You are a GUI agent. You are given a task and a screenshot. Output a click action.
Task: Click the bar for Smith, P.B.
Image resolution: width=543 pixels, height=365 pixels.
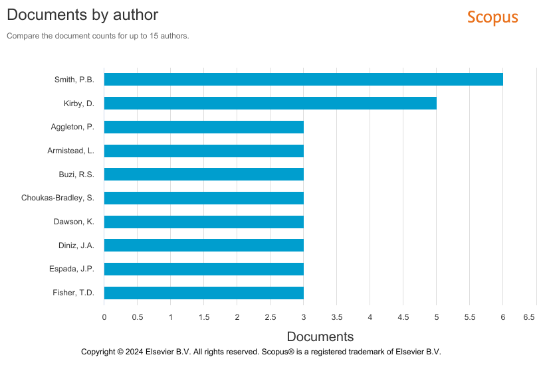tap(303, 80)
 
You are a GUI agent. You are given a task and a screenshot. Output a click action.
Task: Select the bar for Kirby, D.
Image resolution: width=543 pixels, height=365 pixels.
tap(270, 104)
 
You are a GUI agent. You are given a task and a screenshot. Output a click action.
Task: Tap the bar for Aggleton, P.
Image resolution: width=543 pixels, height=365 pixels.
tap(203, 127)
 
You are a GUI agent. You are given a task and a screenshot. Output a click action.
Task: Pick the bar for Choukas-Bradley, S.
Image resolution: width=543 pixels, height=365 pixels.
tap(203, 198)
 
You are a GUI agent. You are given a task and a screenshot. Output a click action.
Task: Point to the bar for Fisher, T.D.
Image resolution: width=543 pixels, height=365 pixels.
tap(203, 293)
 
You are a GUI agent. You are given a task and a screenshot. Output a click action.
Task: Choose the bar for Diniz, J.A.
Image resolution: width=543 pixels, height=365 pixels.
tap(203, 246)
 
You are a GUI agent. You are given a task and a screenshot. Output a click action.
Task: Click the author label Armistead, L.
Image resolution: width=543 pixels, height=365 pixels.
tap(70, 151)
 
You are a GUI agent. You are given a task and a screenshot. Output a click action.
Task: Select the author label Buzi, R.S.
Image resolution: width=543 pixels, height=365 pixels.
tap(76, 175)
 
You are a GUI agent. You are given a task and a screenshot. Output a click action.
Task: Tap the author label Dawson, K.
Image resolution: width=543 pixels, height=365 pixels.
tap(74, 222)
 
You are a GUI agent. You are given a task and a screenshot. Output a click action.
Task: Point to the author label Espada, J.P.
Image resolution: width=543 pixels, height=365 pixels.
tap(72, 269)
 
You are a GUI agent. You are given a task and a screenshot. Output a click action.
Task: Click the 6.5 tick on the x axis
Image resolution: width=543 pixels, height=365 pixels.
tap(529, 318)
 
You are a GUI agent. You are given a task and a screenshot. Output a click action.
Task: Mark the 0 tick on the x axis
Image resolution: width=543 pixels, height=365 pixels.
tap(104, 318)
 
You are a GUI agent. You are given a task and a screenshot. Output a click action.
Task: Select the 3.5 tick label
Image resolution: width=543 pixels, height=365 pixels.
tap(337, 318)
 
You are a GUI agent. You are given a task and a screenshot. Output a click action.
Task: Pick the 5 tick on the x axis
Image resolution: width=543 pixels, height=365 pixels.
tap(437, 318)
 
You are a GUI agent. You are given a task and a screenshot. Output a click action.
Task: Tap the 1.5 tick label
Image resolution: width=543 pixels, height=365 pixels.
tap(204, 318)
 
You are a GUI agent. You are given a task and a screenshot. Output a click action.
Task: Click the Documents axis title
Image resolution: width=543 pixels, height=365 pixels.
tap(320, 336)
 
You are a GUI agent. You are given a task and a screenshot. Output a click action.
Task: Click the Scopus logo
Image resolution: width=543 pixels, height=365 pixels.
tap(492, 17)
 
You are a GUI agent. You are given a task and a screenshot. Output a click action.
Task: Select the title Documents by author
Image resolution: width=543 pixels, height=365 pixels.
tap(82, 14)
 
